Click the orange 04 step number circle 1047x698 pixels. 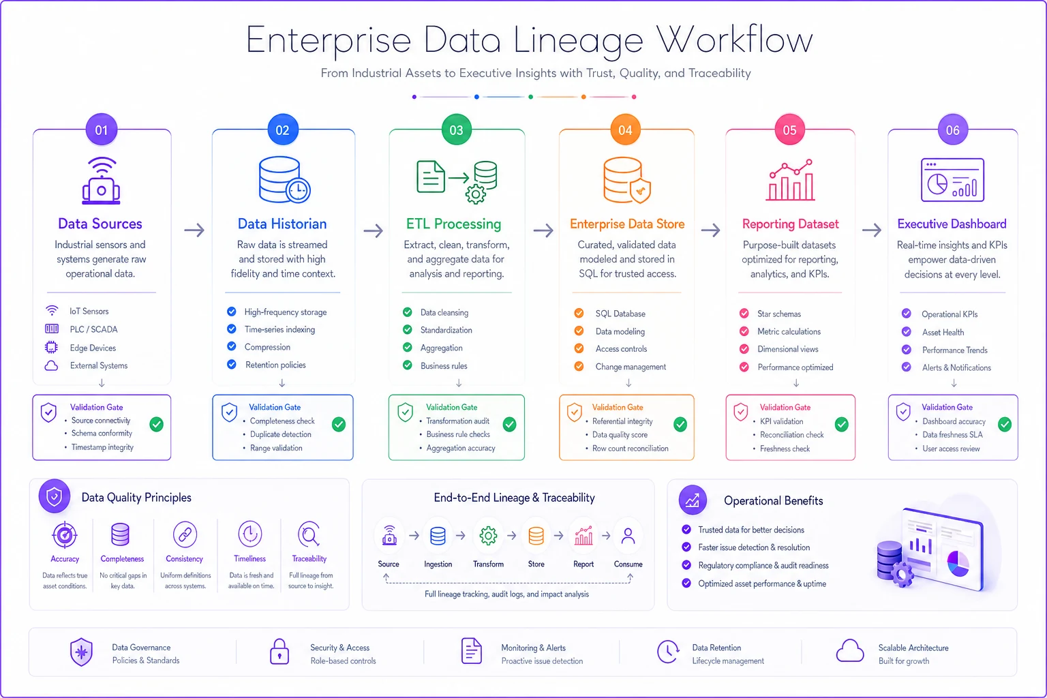(x=625, y=130)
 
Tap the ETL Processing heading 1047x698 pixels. (x=453, y=224)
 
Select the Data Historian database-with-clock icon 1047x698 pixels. (x=284, y=179)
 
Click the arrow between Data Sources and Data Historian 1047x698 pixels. (x=194, y=230)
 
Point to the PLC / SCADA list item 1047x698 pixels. (x=93, y=329)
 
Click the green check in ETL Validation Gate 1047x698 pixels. (x=509, y=424)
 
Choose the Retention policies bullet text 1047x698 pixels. (x=275, y=365)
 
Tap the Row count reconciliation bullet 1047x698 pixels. (x=630, y=449)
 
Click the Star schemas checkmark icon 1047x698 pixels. (x=744, y=314)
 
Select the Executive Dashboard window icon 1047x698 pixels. (x=952, y=180)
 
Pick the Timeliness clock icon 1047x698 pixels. (x=250, y=534)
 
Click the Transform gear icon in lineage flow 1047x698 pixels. (x=488, y=535)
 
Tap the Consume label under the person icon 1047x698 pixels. (x=628, y=564)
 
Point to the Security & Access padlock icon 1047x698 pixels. (x=279, y=651)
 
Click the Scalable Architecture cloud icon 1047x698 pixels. (x=849, y=650)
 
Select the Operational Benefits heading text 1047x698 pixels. (x=773, y=501)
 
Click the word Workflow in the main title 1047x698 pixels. (x=734, y=40)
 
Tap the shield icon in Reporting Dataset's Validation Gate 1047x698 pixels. (x=740, y=412)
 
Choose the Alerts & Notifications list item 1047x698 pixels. (x=956, y=367)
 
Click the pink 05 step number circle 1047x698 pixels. (x=789, y=130)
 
